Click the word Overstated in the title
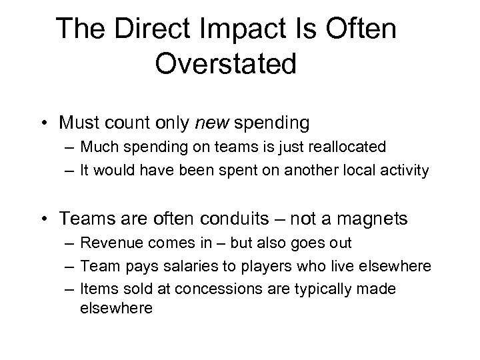pos(225,64)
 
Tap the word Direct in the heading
pos(141,29)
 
